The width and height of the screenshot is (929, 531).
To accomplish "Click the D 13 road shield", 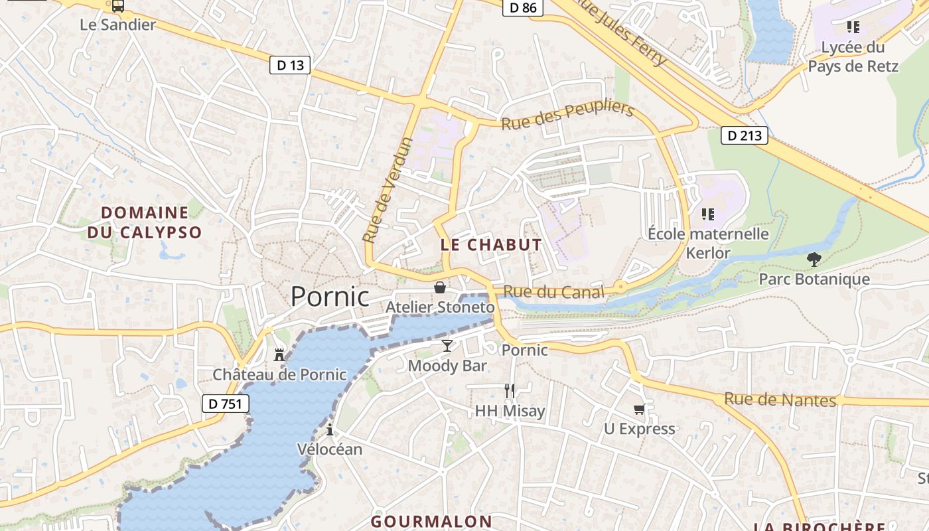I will (290, 65).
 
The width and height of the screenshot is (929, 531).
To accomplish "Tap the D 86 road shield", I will (523, 8).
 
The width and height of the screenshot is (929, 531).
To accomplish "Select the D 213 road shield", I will (745, 135).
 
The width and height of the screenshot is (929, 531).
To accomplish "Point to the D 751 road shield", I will (225, 404).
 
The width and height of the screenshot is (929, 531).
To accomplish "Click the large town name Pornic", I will (330, 297).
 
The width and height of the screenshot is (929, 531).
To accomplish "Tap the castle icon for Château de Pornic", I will (279, 355).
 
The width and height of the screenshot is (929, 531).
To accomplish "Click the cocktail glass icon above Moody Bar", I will (447, 346).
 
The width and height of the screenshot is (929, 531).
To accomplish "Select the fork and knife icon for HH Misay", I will (510, 391).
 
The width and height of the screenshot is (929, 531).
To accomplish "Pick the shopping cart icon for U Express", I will (639, 409).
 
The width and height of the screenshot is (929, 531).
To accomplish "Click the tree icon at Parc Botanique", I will (814, 259).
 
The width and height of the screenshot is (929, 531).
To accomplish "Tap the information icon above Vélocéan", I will (330, 429).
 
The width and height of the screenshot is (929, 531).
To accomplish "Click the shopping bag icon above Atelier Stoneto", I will (439, 287).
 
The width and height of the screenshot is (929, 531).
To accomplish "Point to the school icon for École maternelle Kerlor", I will (708, 214).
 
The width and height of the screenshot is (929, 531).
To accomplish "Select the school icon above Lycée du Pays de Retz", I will (853, 27).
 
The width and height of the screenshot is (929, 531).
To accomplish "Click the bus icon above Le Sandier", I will (118, 6).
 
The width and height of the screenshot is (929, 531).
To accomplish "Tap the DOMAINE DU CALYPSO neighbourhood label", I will (145, 222).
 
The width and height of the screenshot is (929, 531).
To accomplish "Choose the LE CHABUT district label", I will (491, 245).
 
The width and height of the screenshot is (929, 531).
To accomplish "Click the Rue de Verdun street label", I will (388, 190).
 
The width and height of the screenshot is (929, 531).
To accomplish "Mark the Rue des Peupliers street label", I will (567, 117).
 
